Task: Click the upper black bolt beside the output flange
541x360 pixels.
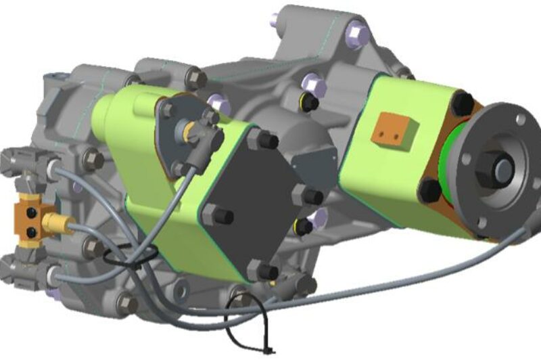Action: pos(463,102)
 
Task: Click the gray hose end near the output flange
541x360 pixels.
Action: pos(522,233)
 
